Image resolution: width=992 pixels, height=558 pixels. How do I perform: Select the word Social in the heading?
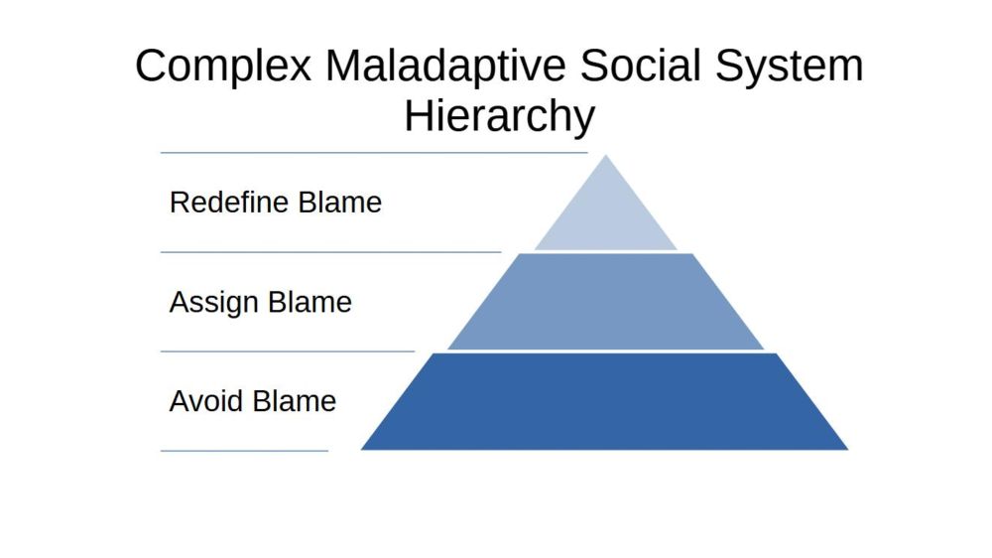tap(640, 65)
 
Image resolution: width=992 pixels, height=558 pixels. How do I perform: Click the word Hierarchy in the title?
tap(499, 116)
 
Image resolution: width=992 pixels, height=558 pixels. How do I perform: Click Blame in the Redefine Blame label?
tap(339, 203)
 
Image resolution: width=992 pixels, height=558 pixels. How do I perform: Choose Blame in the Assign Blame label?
tap(310, 302)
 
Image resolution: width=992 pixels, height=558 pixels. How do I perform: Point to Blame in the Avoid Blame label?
tap(295, 401)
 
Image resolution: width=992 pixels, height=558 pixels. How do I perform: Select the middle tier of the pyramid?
tap(605, 302)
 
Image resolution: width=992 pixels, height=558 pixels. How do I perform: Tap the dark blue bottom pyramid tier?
tap(605, 401)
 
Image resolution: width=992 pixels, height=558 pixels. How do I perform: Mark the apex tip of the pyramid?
tap(605, 155)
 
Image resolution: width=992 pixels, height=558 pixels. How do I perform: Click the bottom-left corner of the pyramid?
tap(361, 450)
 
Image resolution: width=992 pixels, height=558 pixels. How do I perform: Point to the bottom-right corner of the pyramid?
tap(848, 450)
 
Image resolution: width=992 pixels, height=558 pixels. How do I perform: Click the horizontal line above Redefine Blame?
tap(374, 153)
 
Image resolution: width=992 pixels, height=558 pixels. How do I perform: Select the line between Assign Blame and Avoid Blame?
tap(288, 350)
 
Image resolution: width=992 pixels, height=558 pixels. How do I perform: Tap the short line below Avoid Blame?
tap(244, 451)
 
